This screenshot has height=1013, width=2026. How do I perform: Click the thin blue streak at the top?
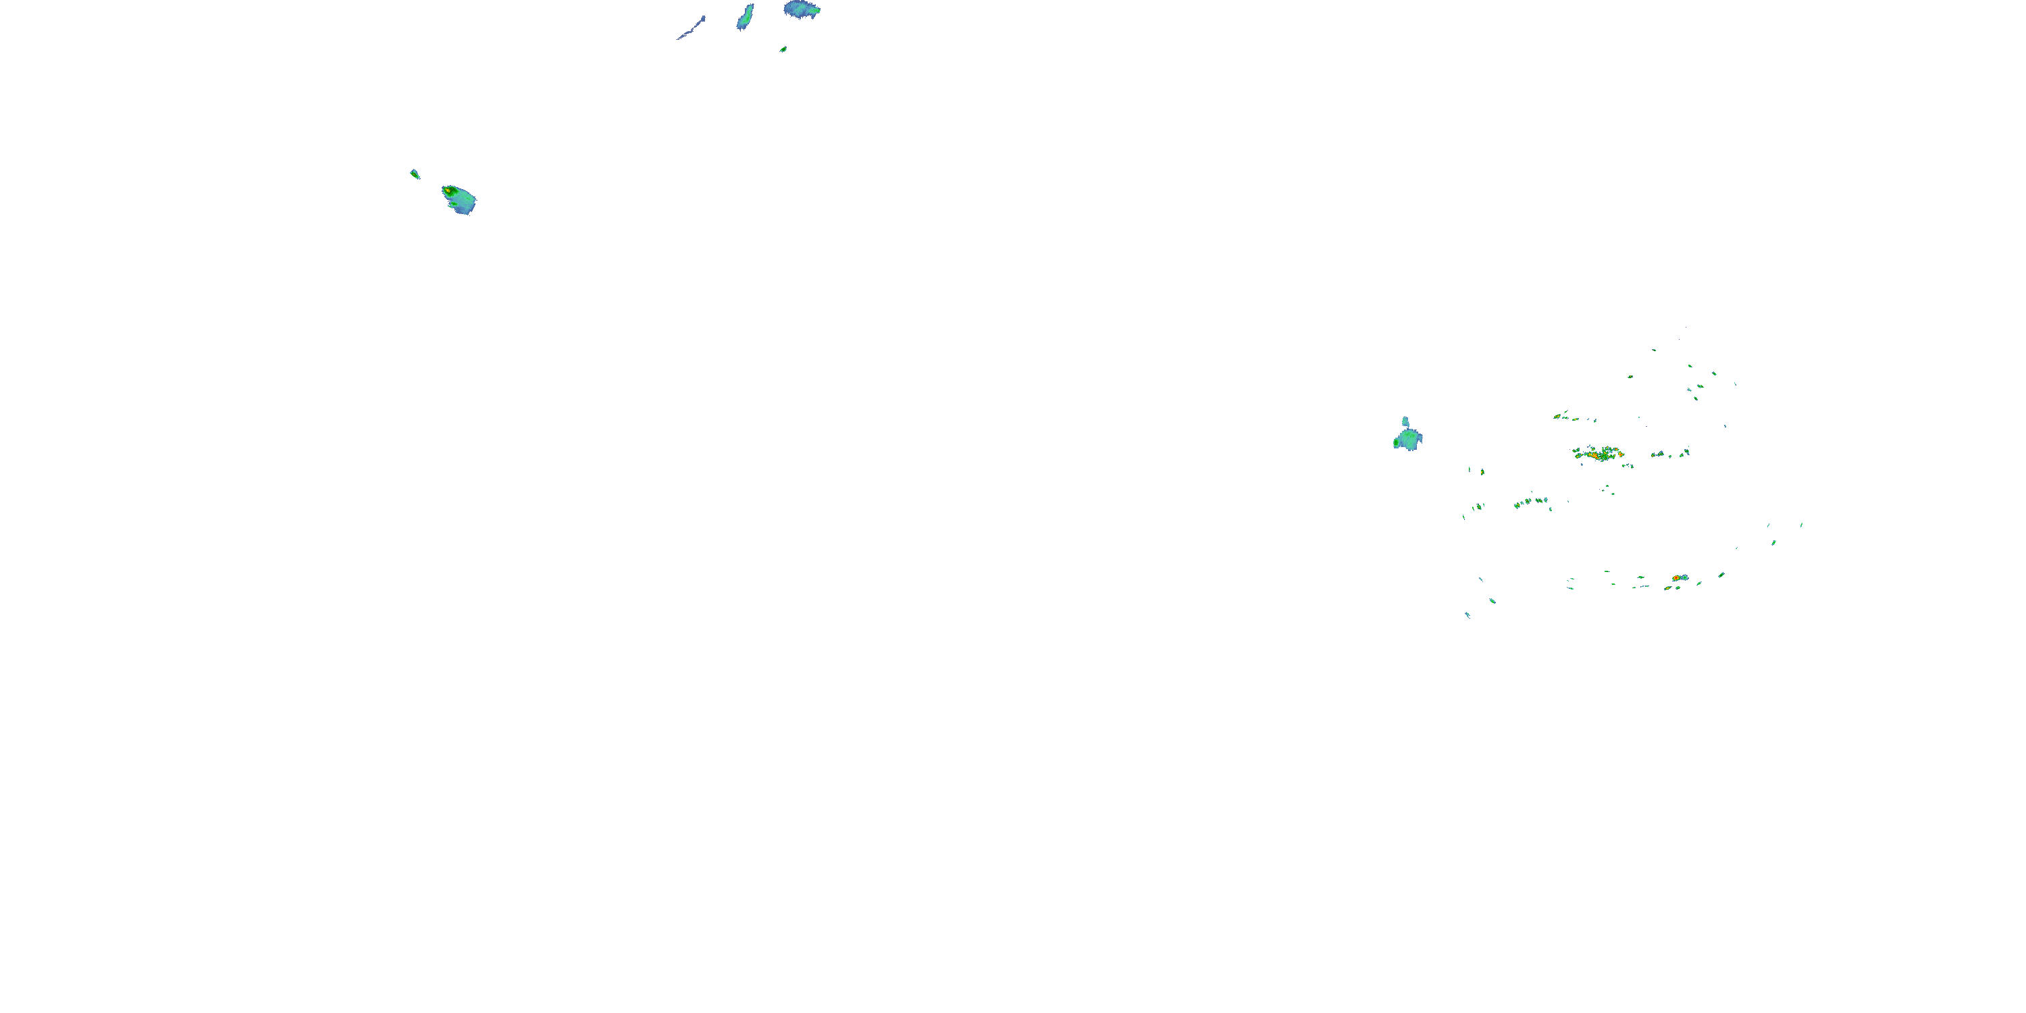692,30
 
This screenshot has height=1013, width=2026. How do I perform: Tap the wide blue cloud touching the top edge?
800,9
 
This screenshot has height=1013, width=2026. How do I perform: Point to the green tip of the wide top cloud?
817,10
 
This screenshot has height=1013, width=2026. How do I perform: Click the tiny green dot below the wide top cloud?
783,49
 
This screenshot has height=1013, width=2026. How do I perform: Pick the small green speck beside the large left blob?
415,174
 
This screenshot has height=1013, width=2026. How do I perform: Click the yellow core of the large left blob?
448,190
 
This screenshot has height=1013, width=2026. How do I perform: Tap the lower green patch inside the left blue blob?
454,205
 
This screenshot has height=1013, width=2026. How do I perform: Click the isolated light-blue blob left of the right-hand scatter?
1409,440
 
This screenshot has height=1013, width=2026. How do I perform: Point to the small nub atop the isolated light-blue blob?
1405,421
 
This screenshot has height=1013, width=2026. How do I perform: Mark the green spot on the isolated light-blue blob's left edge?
1397,443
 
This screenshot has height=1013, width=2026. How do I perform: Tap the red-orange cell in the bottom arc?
1676,578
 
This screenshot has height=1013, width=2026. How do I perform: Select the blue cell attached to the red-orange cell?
1684,577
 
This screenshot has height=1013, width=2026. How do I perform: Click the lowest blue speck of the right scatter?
1467,615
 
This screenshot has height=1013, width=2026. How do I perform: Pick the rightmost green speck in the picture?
1802,525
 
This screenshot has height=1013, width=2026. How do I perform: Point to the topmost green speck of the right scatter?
1654,350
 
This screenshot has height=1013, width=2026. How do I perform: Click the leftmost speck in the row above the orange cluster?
1557,416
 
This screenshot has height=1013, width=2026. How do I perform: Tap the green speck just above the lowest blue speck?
1492,601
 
